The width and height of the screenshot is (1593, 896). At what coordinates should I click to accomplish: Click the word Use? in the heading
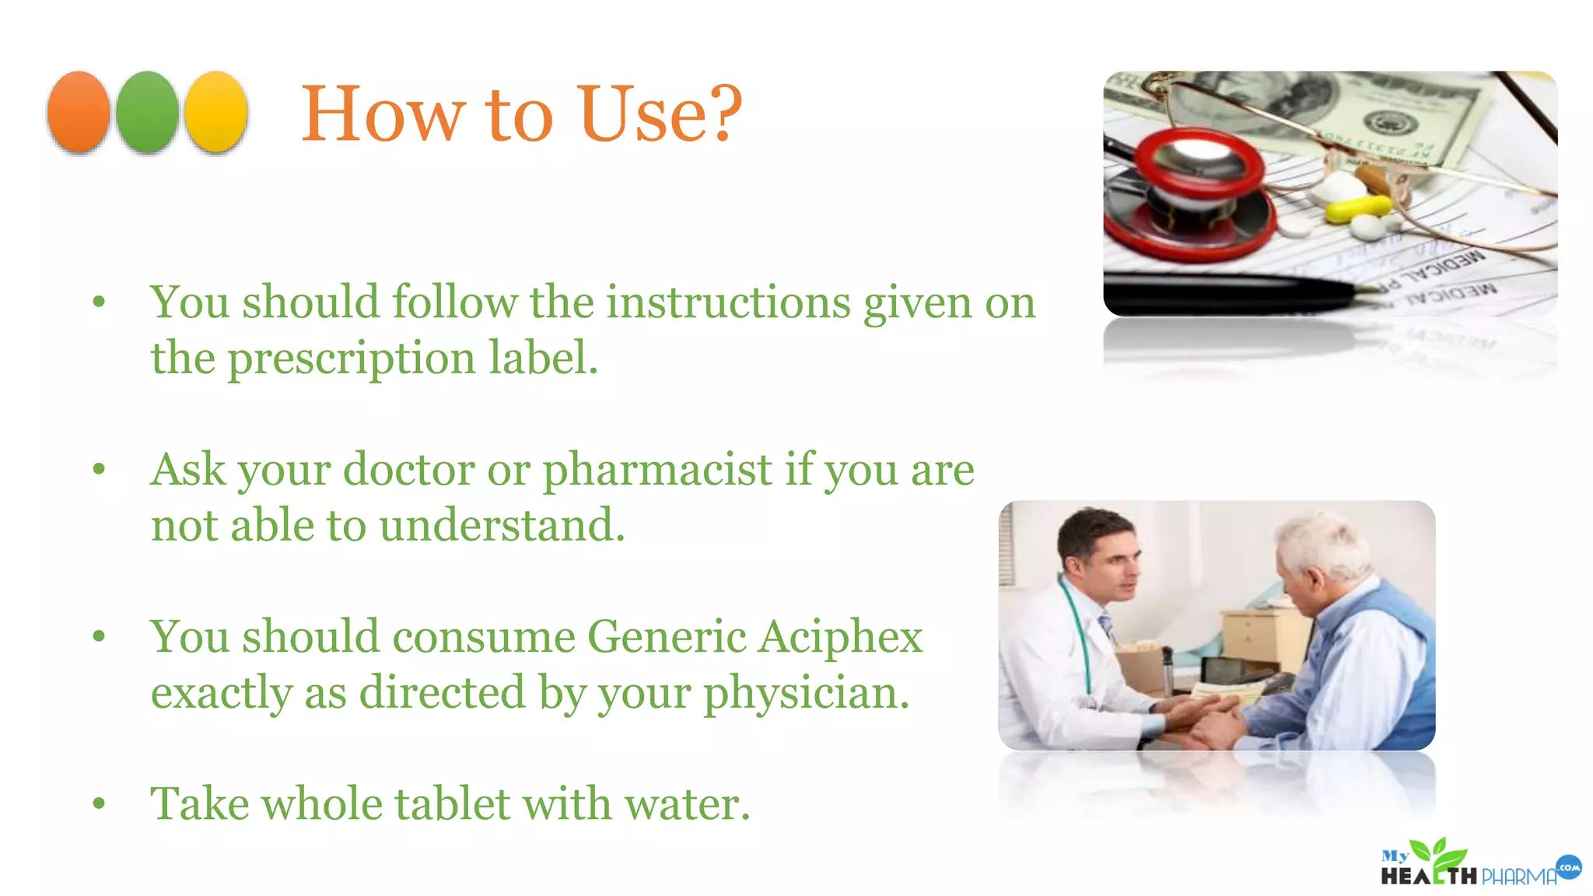click(x=660, y=114)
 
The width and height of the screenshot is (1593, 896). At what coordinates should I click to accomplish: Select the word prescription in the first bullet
click(x=352, y=359)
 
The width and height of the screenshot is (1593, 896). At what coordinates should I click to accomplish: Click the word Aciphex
click(x=841, y=637)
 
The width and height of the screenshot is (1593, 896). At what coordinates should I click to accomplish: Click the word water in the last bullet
click(x=687, y=804)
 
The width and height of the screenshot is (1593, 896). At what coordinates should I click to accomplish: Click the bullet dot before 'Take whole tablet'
click(x=99, y=803)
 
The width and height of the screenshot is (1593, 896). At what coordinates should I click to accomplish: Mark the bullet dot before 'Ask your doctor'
click(x=99, y=469)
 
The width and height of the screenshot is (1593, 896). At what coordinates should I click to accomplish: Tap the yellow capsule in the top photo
click(x=1357, y=207)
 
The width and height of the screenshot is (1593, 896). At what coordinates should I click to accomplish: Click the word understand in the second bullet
click(x=502, y=526)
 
